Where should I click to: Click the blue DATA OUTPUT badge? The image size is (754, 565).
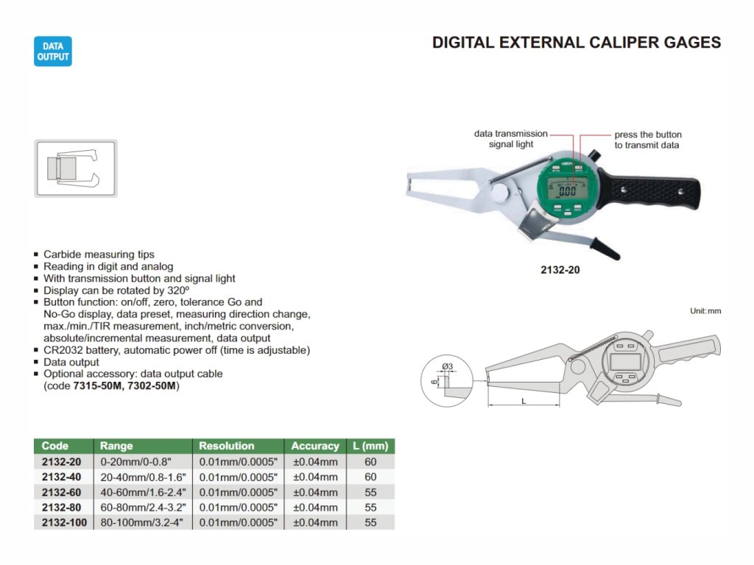coord(53,51)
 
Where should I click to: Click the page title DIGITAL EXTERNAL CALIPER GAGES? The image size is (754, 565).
coord(576,43)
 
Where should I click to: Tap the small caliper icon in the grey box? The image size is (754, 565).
coord(76,168)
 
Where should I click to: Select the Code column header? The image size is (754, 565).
coord(55,446)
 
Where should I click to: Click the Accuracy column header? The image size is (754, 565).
coord(315,446)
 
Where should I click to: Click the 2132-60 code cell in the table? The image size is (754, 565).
coord(62,492)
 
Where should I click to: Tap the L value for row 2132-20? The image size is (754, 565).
coord(370,462)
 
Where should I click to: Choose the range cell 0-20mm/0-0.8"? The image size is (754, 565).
coord(135,462)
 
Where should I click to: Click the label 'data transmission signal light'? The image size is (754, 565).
coord(511,139)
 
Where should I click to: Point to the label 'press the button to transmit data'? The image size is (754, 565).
coord(648,140)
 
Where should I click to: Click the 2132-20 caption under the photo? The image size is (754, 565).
coord(560,270)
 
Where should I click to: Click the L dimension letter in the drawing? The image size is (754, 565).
coord(523,401)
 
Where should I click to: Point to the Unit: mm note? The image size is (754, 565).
coord(705,311)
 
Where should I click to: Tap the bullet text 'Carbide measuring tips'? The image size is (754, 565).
coord(99,255)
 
